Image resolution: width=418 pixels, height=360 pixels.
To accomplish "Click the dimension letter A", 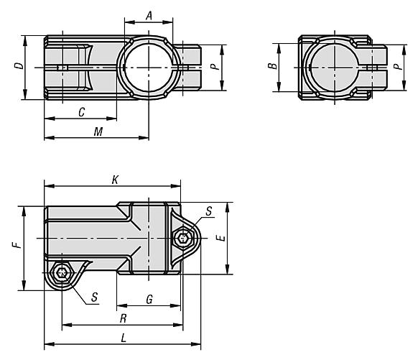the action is pyautogui.click(x=149, y=16).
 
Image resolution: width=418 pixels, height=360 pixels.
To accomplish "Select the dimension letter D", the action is pyautogui.click(x=19, y=66).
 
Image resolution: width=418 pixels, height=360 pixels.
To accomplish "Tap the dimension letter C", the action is pyautogui.click(x=82, y=112).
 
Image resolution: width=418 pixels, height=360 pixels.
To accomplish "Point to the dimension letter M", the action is pyautogui.click(x=98, y=131).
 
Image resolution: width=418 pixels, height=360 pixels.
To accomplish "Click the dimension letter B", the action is pyautogui.click(x=272, y=65).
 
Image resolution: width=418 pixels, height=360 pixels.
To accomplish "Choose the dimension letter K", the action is pyautogui.click(x=115, y=180).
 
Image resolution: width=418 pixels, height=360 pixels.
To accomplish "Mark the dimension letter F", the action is pyautogui.click(x=18, y=245).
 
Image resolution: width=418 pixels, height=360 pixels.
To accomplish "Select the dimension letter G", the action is pyautogui.click(x=149, y=299).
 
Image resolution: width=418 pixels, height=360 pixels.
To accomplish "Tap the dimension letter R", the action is pyautogui.click(x=123, y=318).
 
